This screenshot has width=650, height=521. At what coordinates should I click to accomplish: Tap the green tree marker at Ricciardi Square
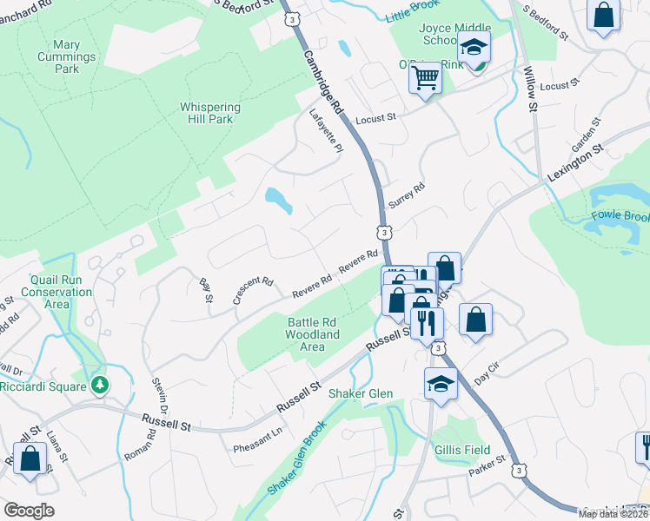click(101, 384)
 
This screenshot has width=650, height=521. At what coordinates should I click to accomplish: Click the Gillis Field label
click(462, 451)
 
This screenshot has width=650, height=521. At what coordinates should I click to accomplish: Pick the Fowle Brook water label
click(620, 215)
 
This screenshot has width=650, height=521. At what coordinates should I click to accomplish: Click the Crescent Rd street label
click(253, 291)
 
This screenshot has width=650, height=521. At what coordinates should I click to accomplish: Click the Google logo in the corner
click(29, 511)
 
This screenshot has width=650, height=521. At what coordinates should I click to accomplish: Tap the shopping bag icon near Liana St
click(30, 459)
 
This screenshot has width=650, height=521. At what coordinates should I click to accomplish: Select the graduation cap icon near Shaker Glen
click(441, 383)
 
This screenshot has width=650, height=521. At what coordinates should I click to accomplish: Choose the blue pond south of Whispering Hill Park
click(279, 201)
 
